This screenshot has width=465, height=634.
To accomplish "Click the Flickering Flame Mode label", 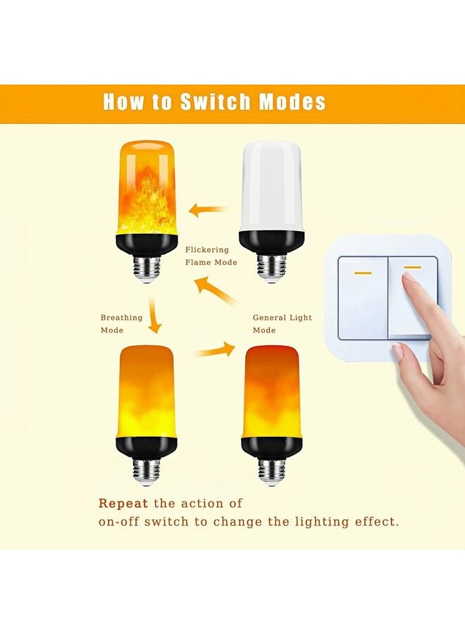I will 211,256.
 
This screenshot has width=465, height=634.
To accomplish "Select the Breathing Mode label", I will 121,324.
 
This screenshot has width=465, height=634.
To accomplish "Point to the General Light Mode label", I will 282,324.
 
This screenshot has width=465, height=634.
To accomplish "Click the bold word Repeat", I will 123,503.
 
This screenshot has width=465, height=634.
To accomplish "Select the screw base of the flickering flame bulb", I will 146,266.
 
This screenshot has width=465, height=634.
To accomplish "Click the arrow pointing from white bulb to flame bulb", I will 209,209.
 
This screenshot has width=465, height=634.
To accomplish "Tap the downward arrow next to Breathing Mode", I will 153,318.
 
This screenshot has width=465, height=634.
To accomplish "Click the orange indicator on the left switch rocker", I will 363,273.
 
